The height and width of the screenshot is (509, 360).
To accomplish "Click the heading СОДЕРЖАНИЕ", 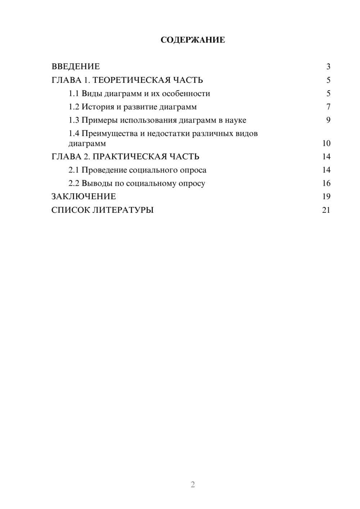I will (x=193, y=40).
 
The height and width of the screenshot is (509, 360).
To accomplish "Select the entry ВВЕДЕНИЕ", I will (x=76, y=67).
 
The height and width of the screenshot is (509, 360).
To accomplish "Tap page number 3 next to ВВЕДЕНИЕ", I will (x=328, y=67).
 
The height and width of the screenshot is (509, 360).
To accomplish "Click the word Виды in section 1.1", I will (x=92, y=94).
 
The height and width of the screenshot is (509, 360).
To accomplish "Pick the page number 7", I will (x=328, y=107).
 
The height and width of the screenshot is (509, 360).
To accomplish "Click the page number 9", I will (x=328, y=120).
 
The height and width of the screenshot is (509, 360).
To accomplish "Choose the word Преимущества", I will (x=107, y=134).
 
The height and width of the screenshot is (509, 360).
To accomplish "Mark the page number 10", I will (x=326, y=143).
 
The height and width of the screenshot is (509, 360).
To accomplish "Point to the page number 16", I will (x=326, y=183).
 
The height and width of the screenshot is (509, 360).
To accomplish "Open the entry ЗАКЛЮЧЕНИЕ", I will (x=84, y=197).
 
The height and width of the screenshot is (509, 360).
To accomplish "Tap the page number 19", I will (x=326, y=197).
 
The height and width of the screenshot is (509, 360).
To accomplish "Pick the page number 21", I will (x=326, y=210).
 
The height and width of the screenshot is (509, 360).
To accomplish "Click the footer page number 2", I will (x=193, y=485).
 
